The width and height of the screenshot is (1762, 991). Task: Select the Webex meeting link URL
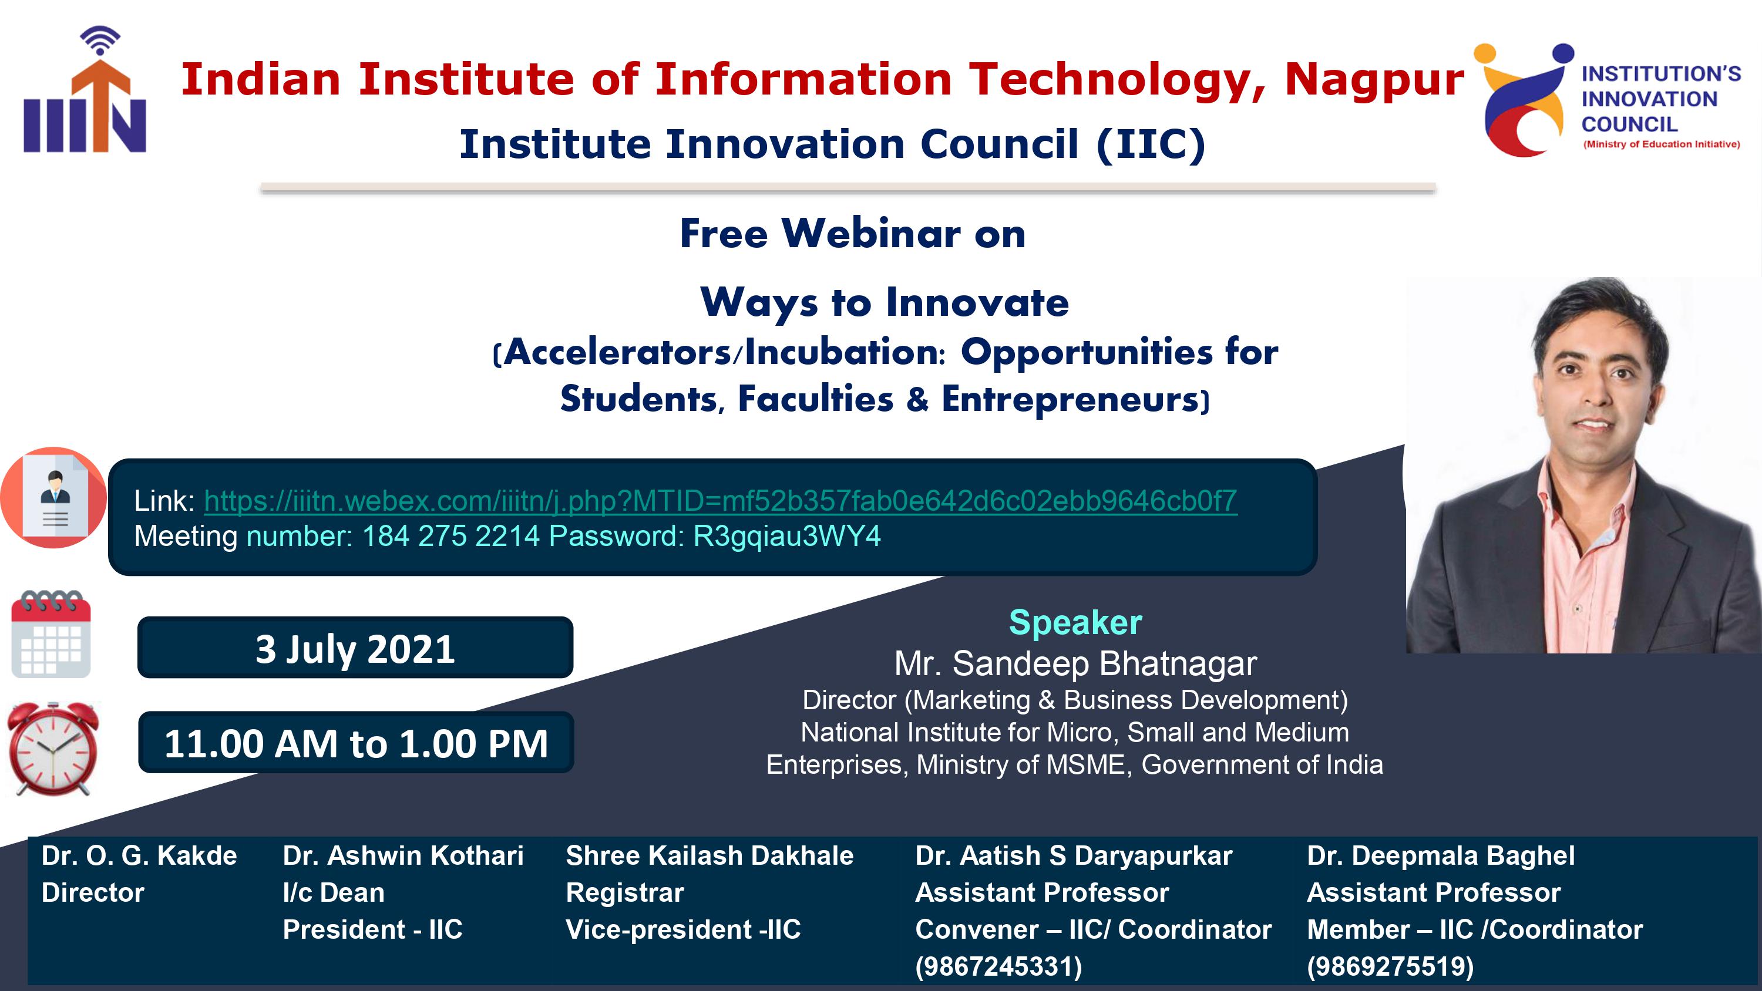point(720,501)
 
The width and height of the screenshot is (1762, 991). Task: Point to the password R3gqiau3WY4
point(786,536)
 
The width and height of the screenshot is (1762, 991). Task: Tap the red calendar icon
point(51,634)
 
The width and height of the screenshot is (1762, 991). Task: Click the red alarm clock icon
point(53,749)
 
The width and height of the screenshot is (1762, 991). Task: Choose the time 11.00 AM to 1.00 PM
point(357,743)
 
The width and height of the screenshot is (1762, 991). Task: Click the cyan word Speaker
point(1075,622)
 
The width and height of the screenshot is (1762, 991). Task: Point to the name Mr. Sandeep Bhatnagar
point(1075,663)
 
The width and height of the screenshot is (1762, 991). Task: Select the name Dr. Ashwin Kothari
point(403,855)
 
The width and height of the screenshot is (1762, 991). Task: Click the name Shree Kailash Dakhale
point(709,855)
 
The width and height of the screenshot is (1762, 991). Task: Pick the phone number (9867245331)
point(998,966)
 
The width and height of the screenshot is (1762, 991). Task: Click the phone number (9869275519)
point(1390,966)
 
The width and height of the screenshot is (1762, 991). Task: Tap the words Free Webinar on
point(852,234)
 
